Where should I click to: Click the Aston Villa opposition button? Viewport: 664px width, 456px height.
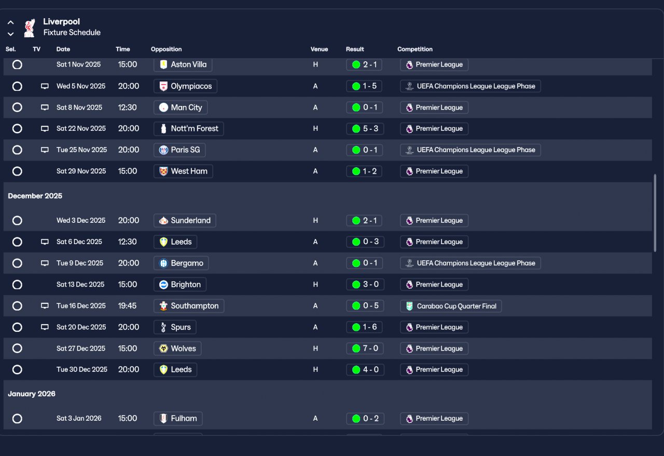(183, 65)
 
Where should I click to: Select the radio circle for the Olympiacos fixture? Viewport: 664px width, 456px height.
(17, 86)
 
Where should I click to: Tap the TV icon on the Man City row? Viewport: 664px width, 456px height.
(45, 108)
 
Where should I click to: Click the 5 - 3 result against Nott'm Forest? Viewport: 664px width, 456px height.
(364, 129)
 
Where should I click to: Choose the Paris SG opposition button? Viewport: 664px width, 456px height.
(179, 150)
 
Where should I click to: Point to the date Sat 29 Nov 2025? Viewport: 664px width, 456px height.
(81, 171)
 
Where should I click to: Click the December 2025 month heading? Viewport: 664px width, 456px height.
(35, 196)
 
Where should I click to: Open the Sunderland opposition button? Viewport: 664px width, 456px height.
(185, 221)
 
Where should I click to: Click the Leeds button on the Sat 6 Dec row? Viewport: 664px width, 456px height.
(175, 242)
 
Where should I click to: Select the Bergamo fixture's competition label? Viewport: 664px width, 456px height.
(470, 263)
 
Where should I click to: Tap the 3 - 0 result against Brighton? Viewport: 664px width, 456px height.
(364, 285)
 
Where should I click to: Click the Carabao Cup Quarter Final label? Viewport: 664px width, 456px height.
(450, 306)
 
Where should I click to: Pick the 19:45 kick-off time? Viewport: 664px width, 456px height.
(127, 306)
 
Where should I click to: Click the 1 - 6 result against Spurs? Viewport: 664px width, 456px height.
(364, 327)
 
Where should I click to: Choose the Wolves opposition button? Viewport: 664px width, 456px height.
(177, 348)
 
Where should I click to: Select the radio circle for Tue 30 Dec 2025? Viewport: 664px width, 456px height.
(17, 370)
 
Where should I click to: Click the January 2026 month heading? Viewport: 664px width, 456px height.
(32, 394)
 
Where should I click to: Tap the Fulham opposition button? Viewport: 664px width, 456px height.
(178, 419)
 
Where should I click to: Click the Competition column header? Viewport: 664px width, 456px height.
(415, 49)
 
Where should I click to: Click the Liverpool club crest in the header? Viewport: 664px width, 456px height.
(30, 28)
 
